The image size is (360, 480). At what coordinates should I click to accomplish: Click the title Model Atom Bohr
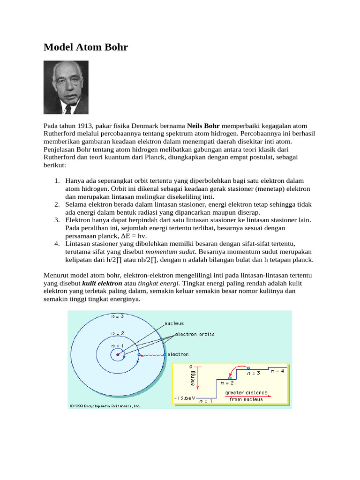click(x=86, y=47)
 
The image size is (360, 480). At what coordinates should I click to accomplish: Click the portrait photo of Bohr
click(x=66, y=88)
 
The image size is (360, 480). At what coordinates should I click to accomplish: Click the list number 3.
click(x=57, y=220)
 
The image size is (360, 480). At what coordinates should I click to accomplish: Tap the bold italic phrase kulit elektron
click(x=102, y=284)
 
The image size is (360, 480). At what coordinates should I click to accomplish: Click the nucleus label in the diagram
click(x=174, y=323)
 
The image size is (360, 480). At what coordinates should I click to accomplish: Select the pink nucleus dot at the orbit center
click(x=118, y=355)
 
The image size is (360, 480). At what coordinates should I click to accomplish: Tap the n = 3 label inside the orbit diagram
click(x=117, y=316)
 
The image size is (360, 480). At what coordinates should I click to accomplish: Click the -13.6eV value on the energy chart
click(x=183, y=398)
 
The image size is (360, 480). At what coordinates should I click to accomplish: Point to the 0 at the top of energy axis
click(x=191, y=366)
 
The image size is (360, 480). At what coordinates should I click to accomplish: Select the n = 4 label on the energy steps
click(x=277, y=371)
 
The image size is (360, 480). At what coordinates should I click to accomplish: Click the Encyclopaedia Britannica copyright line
click(x=105, y=406)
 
